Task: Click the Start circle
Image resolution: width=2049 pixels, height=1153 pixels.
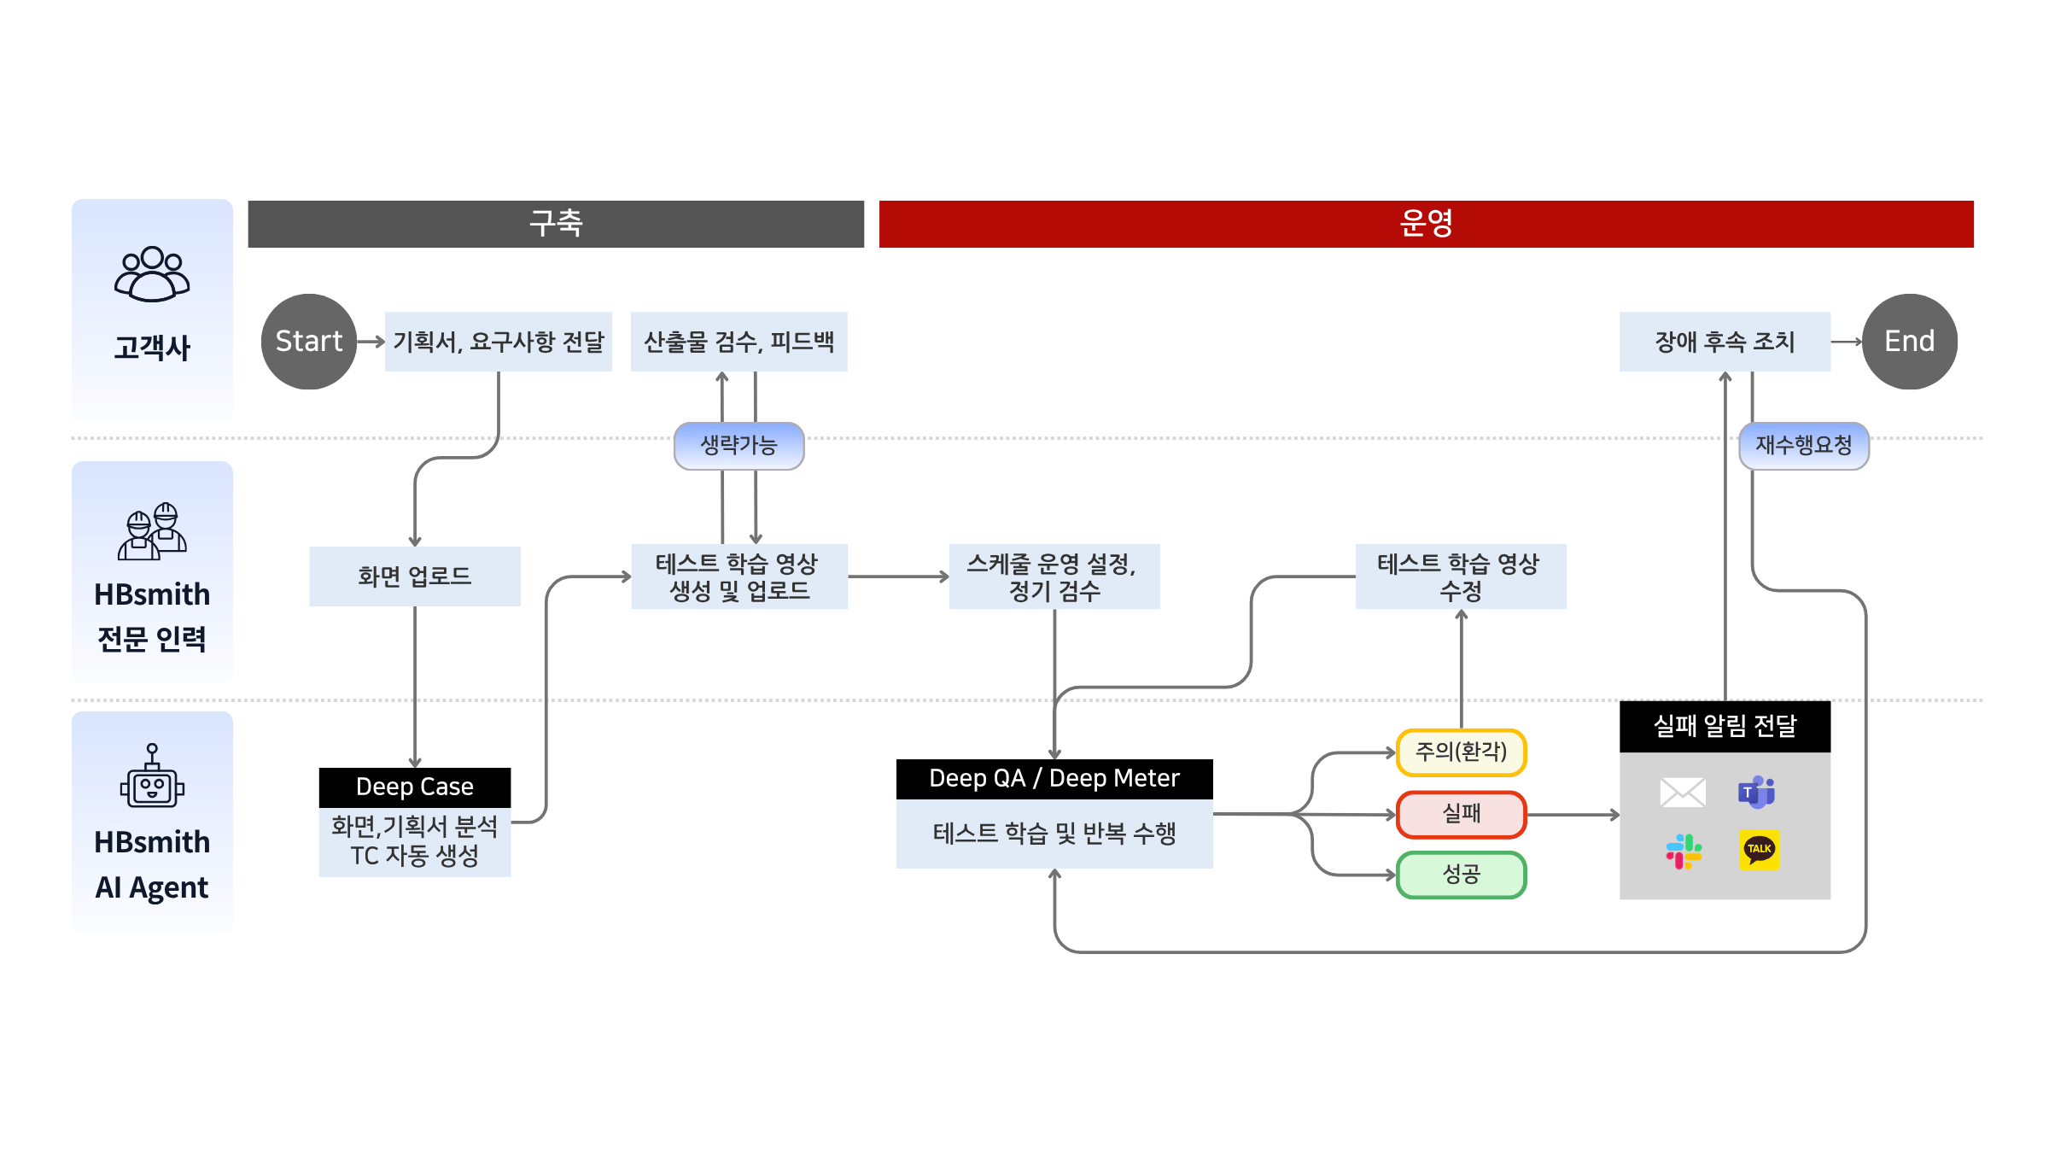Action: (308, 342)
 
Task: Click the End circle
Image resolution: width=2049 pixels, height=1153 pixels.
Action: (1909, 342)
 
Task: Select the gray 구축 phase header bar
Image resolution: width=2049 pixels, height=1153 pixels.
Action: (556, 224)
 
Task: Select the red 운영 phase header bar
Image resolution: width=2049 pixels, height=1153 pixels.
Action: (1426, 224)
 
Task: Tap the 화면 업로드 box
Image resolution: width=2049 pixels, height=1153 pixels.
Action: (415, 576)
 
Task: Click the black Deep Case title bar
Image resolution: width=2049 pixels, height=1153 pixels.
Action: (415, 787)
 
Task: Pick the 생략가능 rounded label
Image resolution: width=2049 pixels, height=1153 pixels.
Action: (738, 445)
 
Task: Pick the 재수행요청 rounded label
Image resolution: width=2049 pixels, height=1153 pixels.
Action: (1803, 445)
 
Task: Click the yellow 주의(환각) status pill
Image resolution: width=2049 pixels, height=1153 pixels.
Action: (1461, 752)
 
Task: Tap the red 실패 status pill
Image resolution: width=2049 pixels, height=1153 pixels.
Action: (1461, 814)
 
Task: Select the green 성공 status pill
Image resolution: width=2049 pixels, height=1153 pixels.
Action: (1461, 875)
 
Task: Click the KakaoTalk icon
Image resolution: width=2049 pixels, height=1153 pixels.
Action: (1759, 850)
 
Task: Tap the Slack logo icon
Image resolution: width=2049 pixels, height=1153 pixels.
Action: (1684, 852)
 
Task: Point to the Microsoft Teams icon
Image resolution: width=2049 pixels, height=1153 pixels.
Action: (1756, 792)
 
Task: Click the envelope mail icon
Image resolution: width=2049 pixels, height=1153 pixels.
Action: (1683, 792)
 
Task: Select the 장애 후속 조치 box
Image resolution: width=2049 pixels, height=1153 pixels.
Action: (1725, 342)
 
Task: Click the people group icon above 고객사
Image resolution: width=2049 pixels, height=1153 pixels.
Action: (152, 274)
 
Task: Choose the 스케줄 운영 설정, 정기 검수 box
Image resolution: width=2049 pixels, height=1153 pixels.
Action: (1054, 576)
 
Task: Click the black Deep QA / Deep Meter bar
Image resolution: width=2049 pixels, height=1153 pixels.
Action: (1054, 779)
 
